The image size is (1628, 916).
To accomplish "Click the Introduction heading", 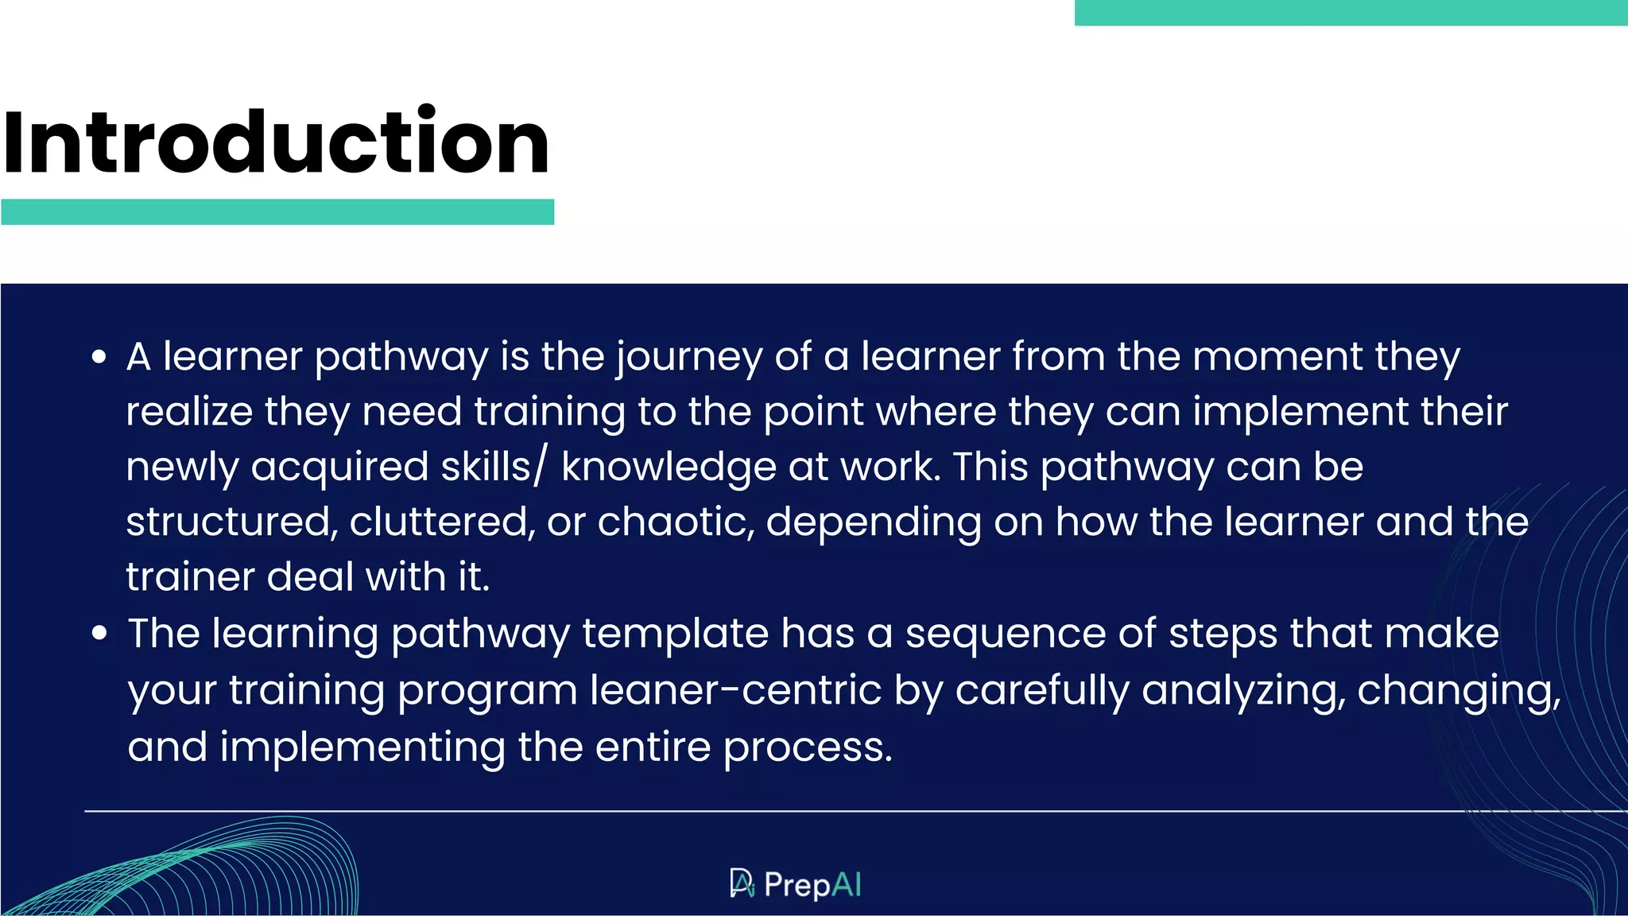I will pos(276,142).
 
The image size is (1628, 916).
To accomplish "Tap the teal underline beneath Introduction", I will pos(277,212).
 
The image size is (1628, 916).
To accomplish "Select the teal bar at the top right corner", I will pos(1350,13).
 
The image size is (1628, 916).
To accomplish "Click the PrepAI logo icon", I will pos(742,883).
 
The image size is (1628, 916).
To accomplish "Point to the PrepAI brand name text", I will pos(812,884).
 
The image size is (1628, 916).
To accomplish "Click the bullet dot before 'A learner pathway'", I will pos(99,357).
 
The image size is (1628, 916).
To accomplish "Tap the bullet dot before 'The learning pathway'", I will pos(99,634).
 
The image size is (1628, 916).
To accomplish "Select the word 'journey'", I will pos(689,357).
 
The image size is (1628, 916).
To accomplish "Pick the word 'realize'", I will pos(189,412).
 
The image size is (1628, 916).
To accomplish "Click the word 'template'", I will pos(675,635).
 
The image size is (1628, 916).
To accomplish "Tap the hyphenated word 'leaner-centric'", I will pos(735,690).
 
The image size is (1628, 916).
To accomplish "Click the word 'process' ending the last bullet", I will pos(807,747).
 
